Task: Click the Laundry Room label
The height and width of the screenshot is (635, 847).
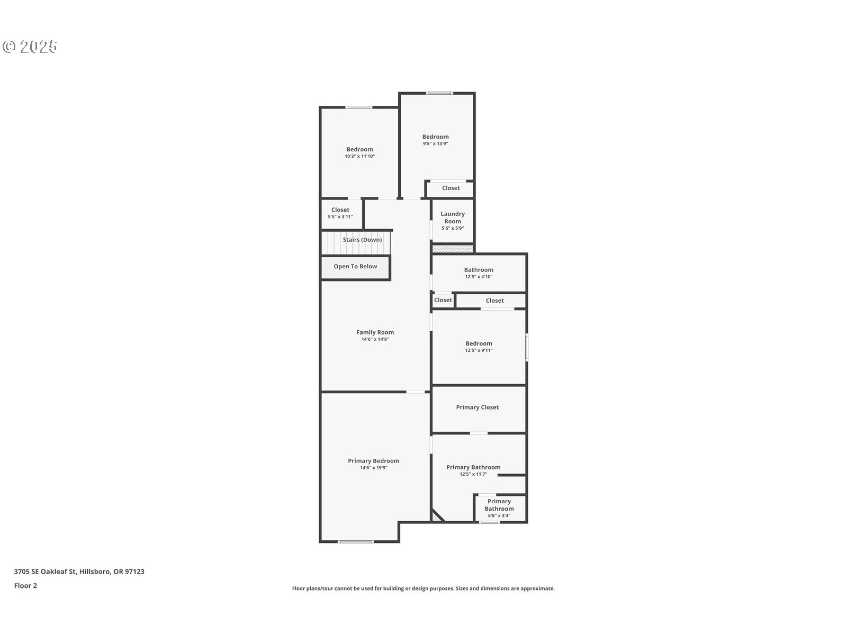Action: click(x=452, y=217)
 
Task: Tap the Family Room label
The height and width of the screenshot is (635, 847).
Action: click(x=375, y=332)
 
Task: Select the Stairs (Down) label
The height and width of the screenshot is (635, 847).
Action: click(x=362, y=240)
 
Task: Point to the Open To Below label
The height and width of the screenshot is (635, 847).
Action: click(x=355, y=266)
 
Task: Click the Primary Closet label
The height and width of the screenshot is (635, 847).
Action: click(x=477, y=407)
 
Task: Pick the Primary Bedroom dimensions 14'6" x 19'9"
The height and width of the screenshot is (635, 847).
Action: click(x=374, y=468)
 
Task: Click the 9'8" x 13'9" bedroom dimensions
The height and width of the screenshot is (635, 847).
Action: click(x=435, y=143)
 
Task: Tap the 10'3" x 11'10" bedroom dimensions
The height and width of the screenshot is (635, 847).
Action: click(x=359, y=156)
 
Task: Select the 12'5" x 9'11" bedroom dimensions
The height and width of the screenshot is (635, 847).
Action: click(x=479, y=350)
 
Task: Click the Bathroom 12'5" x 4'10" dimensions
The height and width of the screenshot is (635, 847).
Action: click(x=479, y=276)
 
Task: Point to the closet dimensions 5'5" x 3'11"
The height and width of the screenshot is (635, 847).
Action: click(x=340, y=216)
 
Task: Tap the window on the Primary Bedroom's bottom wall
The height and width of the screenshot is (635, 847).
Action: click(x=355, y=542)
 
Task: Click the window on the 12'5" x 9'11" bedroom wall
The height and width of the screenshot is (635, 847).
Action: click(x=527, y=347)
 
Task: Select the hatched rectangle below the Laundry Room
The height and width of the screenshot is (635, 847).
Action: click(x=452, y=249)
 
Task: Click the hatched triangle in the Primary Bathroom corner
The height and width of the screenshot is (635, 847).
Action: click(x=436, y=516)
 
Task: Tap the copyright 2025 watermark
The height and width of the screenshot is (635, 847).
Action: click(x=30, y=47)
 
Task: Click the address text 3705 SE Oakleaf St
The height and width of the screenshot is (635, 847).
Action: click(x=46, y=571)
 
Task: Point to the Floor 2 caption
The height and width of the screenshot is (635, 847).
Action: click(x=25, y=586)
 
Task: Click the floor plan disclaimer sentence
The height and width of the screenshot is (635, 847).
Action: click(x=424, y=588)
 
